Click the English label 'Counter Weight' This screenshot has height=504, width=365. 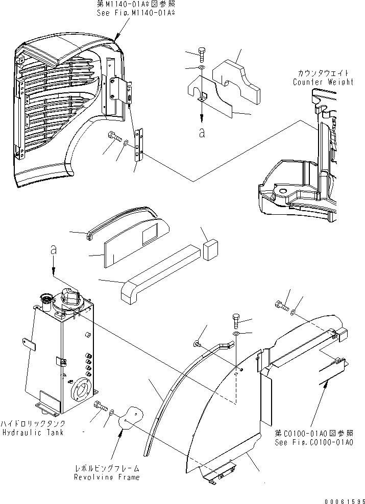[x=323, y=82]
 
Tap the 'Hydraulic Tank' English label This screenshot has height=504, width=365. [x=32, y=433]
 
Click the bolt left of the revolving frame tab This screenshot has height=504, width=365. [x=100, y=407]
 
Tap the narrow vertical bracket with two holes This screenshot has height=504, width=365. [x=139, y=146]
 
